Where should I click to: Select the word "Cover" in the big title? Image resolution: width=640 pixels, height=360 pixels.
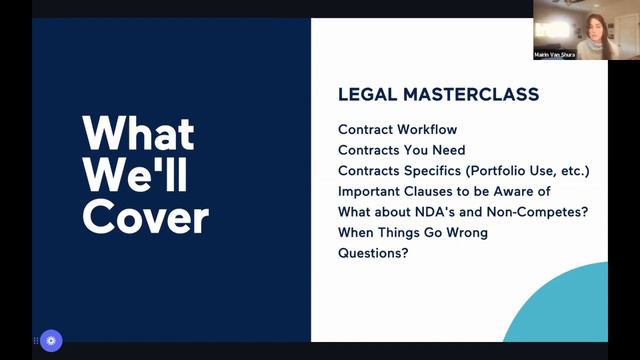click(146, 217)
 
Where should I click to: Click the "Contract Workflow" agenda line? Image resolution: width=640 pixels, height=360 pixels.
click(397, 130)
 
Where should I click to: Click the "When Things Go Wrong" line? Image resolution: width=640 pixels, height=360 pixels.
click(412, 232)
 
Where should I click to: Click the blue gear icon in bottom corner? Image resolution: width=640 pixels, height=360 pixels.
click(51, 339)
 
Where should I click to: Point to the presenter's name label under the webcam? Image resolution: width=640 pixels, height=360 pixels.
click(556, 55)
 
